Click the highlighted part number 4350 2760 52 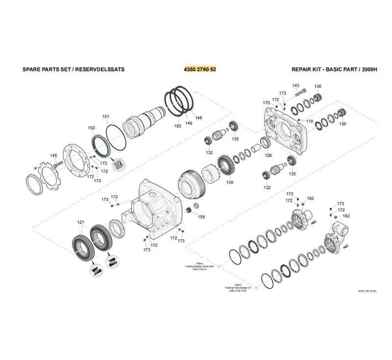(199, 69)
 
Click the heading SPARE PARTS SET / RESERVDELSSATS (73, 69)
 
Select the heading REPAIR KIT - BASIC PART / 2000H (335, 69)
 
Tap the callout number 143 (296, 86)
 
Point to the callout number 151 (106, 116)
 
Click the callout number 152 (92, 128)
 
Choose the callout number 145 (53, 156)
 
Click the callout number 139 (230, 182)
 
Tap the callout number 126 (269, 156)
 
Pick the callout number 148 (198, 118)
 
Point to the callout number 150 (178, 126)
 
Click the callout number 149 (189, 123)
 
